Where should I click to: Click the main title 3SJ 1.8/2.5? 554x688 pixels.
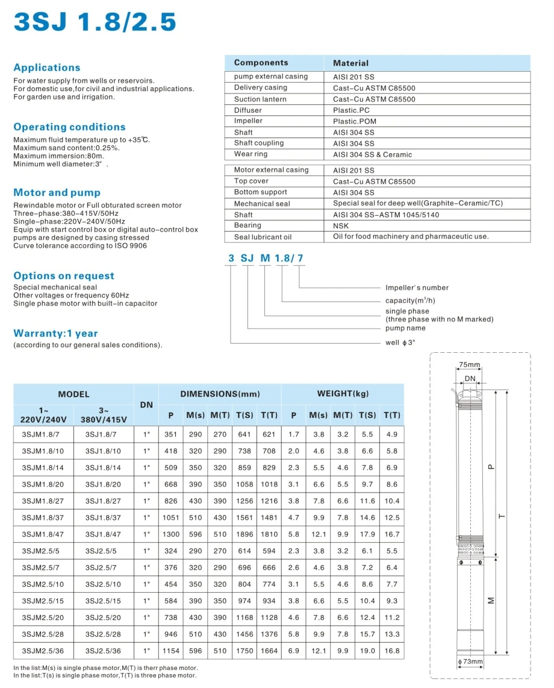coord(95,22)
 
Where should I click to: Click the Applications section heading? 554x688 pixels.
coord(47,68)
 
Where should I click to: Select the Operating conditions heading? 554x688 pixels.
coord(69,127)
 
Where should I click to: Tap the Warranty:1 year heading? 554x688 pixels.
coord(55,333)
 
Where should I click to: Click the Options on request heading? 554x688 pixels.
coord(64,276)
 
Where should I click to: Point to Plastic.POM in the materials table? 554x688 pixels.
coord(355,121)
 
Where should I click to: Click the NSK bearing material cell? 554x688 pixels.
coord(341,226)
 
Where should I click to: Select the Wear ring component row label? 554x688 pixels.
coord(252,154)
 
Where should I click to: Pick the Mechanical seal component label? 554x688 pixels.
coord(262,204)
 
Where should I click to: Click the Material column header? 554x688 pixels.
coord(350,63)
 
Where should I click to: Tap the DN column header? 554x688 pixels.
coord(146,405)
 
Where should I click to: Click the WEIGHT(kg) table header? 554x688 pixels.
coord(343,394)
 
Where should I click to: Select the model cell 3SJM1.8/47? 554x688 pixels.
coord(42,534)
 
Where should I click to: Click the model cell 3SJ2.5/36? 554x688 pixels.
coord(103,651)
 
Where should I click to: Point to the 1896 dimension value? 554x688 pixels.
coord(245,534)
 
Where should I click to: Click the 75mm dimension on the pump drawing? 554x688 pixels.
coord(470,365)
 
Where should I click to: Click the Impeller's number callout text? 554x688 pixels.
coord(417,288)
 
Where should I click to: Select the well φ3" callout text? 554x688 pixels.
coord(400,342)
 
